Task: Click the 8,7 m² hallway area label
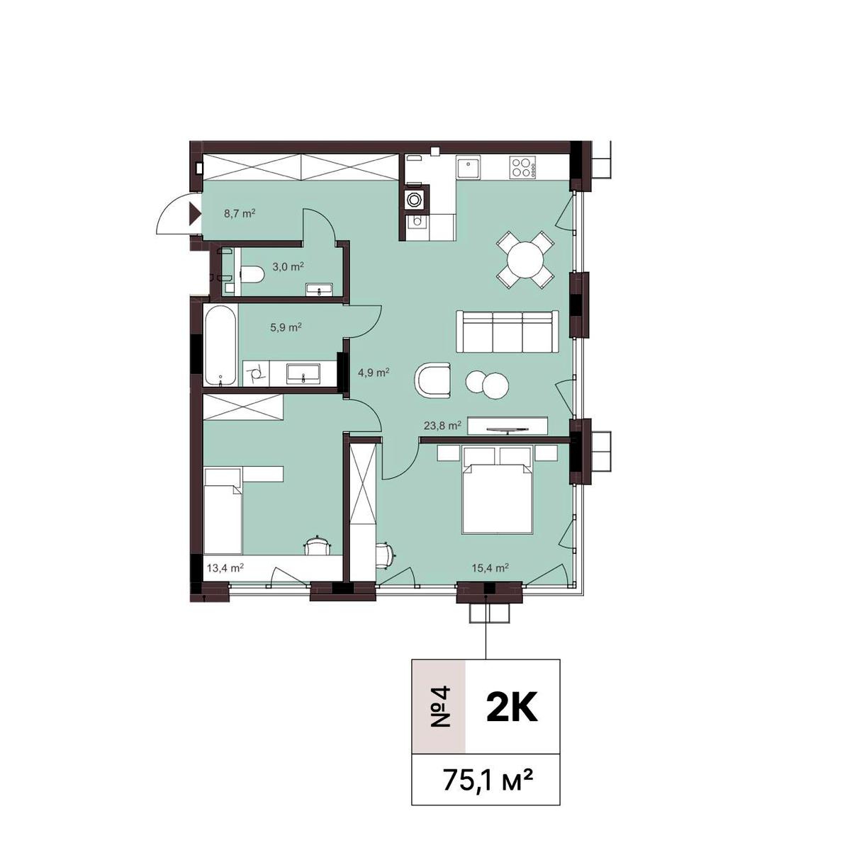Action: pos(239,212)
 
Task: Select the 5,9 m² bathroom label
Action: pos(286,327)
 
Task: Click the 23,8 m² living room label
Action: pos(442,426)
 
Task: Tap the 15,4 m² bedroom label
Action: pos(491,567)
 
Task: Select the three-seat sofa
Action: pos(506,331)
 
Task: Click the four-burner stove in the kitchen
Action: pos(522,169)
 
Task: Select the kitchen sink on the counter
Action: pos(469,169)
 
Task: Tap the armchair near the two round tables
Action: pos(433,381)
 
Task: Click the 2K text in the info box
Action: pos(512,707)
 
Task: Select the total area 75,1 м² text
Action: pos(486,780)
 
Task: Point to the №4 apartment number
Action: pos(440,707)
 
